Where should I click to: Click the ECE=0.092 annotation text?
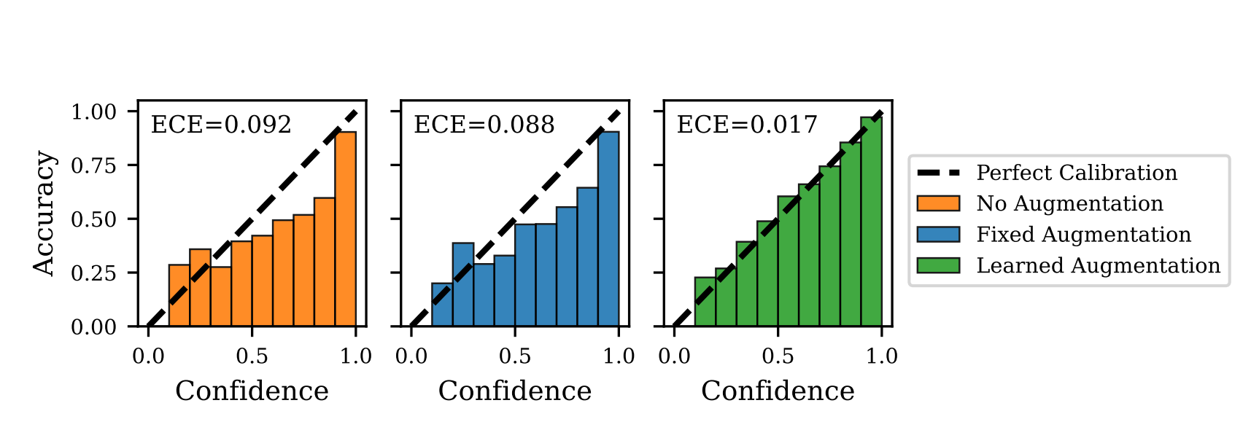220,125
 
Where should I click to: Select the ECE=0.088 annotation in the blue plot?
484,125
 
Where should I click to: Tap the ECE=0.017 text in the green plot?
746,125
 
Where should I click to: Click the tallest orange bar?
346,229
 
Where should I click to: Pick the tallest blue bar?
608,229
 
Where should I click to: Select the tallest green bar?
871,222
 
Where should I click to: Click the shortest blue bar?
442,305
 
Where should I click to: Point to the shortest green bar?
705,302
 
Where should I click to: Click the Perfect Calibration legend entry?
1076,173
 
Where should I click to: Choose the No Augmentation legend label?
1069,203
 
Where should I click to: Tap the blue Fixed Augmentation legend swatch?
938,235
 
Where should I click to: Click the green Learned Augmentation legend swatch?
938,265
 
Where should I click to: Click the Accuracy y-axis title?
44,214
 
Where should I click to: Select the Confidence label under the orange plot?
252,391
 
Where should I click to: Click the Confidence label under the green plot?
778,391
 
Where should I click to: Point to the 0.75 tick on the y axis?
93,165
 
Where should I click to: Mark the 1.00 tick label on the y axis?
93,112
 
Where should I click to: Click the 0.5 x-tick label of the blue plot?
515,356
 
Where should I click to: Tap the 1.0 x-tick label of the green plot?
881,356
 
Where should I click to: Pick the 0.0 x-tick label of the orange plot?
148,356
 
